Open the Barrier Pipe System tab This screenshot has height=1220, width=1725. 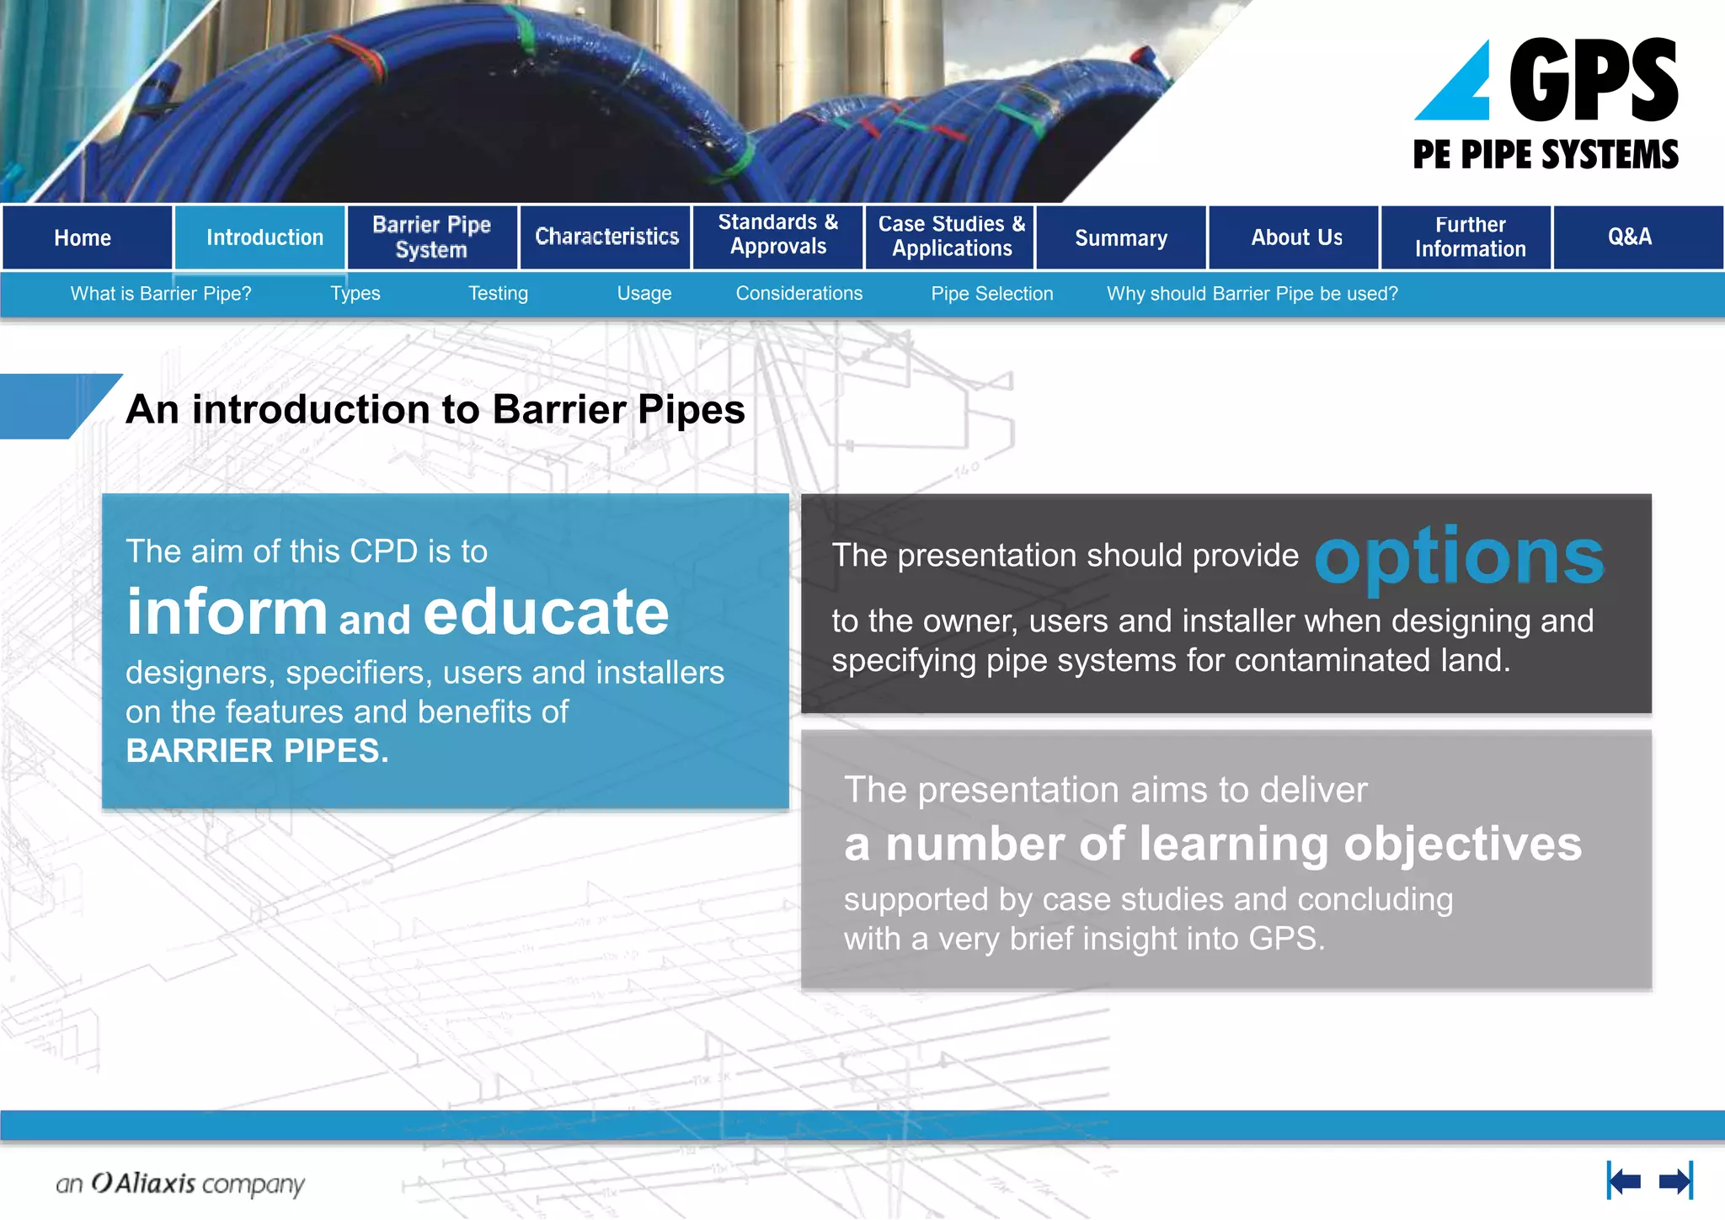point(432,238)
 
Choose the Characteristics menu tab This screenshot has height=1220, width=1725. point(606,237)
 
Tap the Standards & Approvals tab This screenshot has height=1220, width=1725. point(778,235)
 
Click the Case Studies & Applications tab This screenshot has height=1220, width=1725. point(951,237)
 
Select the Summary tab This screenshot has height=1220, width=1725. point(1121,238)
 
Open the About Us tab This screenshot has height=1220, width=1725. point(1295,238)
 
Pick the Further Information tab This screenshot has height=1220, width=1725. point(1469,237)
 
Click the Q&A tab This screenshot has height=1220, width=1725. point(1630,237)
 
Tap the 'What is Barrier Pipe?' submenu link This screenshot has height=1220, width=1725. point(161,294)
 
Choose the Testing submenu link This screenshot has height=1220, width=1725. point(498,294)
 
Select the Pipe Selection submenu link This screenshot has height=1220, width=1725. point(991,294)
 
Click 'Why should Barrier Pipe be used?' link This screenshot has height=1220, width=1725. point(1252,294)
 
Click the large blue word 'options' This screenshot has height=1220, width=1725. point(1459,558)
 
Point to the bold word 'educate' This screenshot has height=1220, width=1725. point(546,612)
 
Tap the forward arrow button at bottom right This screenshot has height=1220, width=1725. point(1675,1181)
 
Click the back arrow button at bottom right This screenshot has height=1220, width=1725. point(1623,1181)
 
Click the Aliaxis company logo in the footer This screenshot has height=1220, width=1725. point(179,1184)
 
